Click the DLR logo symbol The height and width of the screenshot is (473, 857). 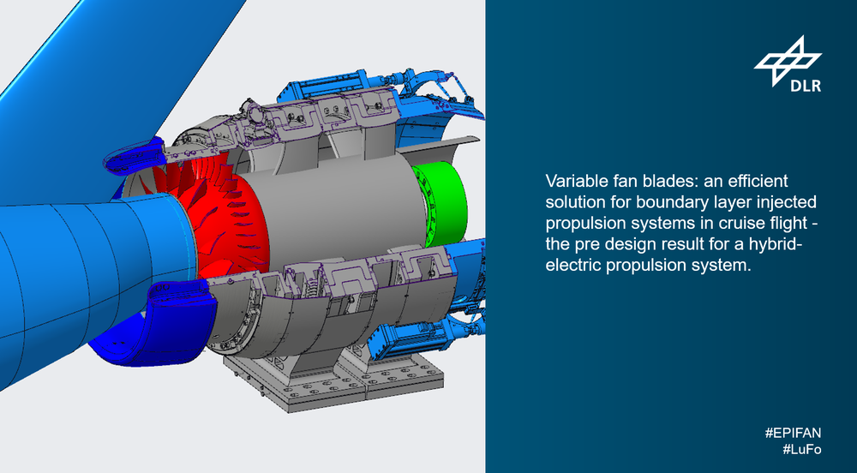pos(788,61)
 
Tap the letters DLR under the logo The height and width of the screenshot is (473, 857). pos(805,85)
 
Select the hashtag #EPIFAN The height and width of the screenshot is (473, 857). pos(793,433)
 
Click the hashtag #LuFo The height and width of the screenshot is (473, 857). pos(801,450)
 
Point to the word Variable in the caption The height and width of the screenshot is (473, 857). pos(572,181)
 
